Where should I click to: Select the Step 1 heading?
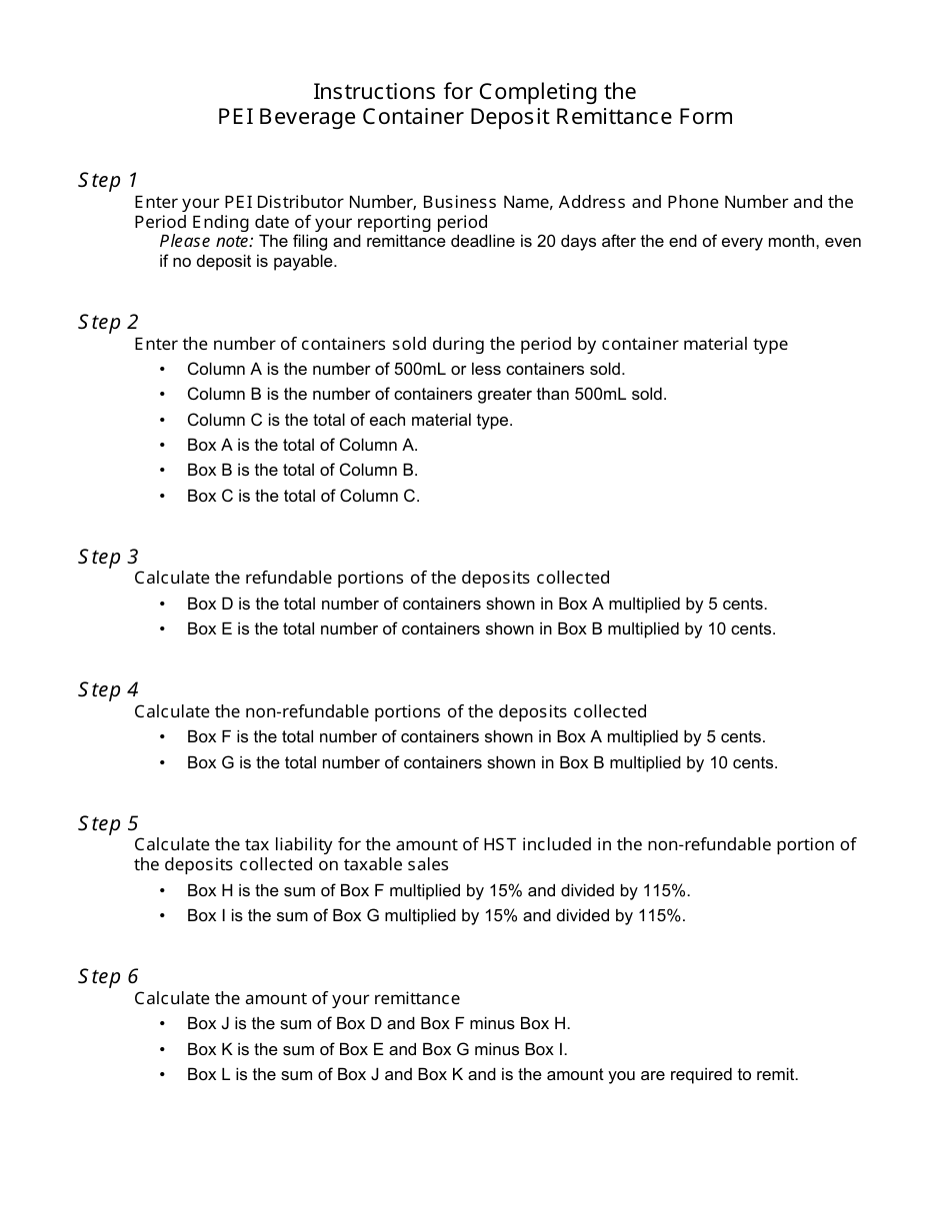pos(108,180)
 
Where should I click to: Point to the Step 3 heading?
pos(108,557)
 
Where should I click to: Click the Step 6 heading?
pos(108,976)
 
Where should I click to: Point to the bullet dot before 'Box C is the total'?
pos(163,496)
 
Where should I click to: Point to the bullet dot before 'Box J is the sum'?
pos(163,1023)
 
